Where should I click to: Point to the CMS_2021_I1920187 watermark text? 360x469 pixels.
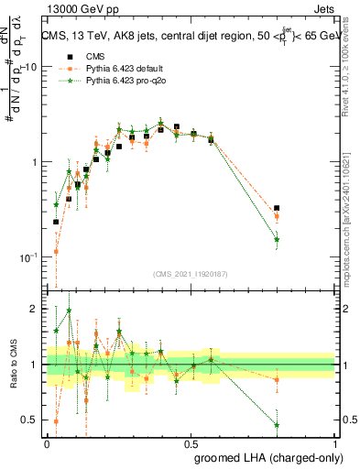[x=191, y=274]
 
